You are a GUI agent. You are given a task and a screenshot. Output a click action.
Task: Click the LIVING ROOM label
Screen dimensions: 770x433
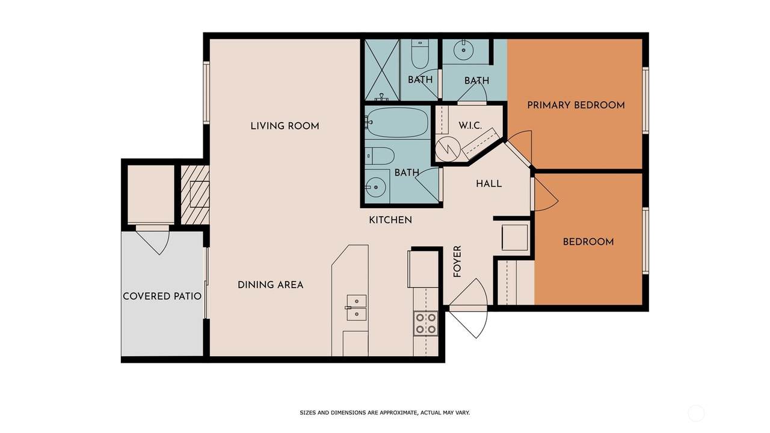(285, 126)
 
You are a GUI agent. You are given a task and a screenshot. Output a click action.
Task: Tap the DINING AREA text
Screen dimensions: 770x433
(271, 285)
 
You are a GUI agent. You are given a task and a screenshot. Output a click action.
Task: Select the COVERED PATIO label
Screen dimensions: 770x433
(162, 296)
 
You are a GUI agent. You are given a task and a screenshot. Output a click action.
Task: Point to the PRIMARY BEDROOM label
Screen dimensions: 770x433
(576, 105)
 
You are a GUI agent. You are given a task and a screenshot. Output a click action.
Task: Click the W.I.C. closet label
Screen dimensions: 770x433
(470, 126)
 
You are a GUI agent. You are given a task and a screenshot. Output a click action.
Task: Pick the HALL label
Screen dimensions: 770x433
(489, 184)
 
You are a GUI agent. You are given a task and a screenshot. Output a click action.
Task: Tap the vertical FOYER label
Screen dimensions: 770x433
(457, 262)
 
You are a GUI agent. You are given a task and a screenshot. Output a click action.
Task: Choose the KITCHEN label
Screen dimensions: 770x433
(390, 220)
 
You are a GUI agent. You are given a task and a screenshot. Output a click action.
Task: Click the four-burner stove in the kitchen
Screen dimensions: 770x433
(426, 324)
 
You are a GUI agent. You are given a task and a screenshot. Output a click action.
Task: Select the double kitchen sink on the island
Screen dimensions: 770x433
(357, 307)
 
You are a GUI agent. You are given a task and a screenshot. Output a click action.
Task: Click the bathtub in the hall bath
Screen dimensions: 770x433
(397, 122)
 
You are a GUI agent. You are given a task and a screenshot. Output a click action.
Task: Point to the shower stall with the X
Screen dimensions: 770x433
(382, 70)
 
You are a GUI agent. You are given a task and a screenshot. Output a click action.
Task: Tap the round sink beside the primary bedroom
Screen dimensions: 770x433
(463, 50)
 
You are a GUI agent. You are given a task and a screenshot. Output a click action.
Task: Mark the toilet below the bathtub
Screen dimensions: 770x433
(379, 156)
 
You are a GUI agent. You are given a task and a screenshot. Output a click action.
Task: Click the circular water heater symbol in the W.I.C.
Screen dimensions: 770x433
(448, 149)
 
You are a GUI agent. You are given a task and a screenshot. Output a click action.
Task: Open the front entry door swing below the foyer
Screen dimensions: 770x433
(468, 309)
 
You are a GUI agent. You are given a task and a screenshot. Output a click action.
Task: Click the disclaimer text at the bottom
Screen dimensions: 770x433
(384, 413)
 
